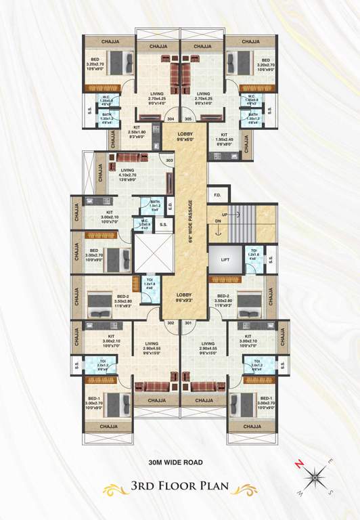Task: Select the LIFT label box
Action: point(224,259)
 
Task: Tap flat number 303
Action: point(170,160)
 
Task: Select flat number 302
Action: point(171,323)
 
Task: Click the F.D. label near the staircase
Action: point(218,197)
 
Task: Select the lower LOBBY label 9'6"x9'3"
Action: point(185,297)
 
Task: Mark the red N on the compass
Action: point(298,464)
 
